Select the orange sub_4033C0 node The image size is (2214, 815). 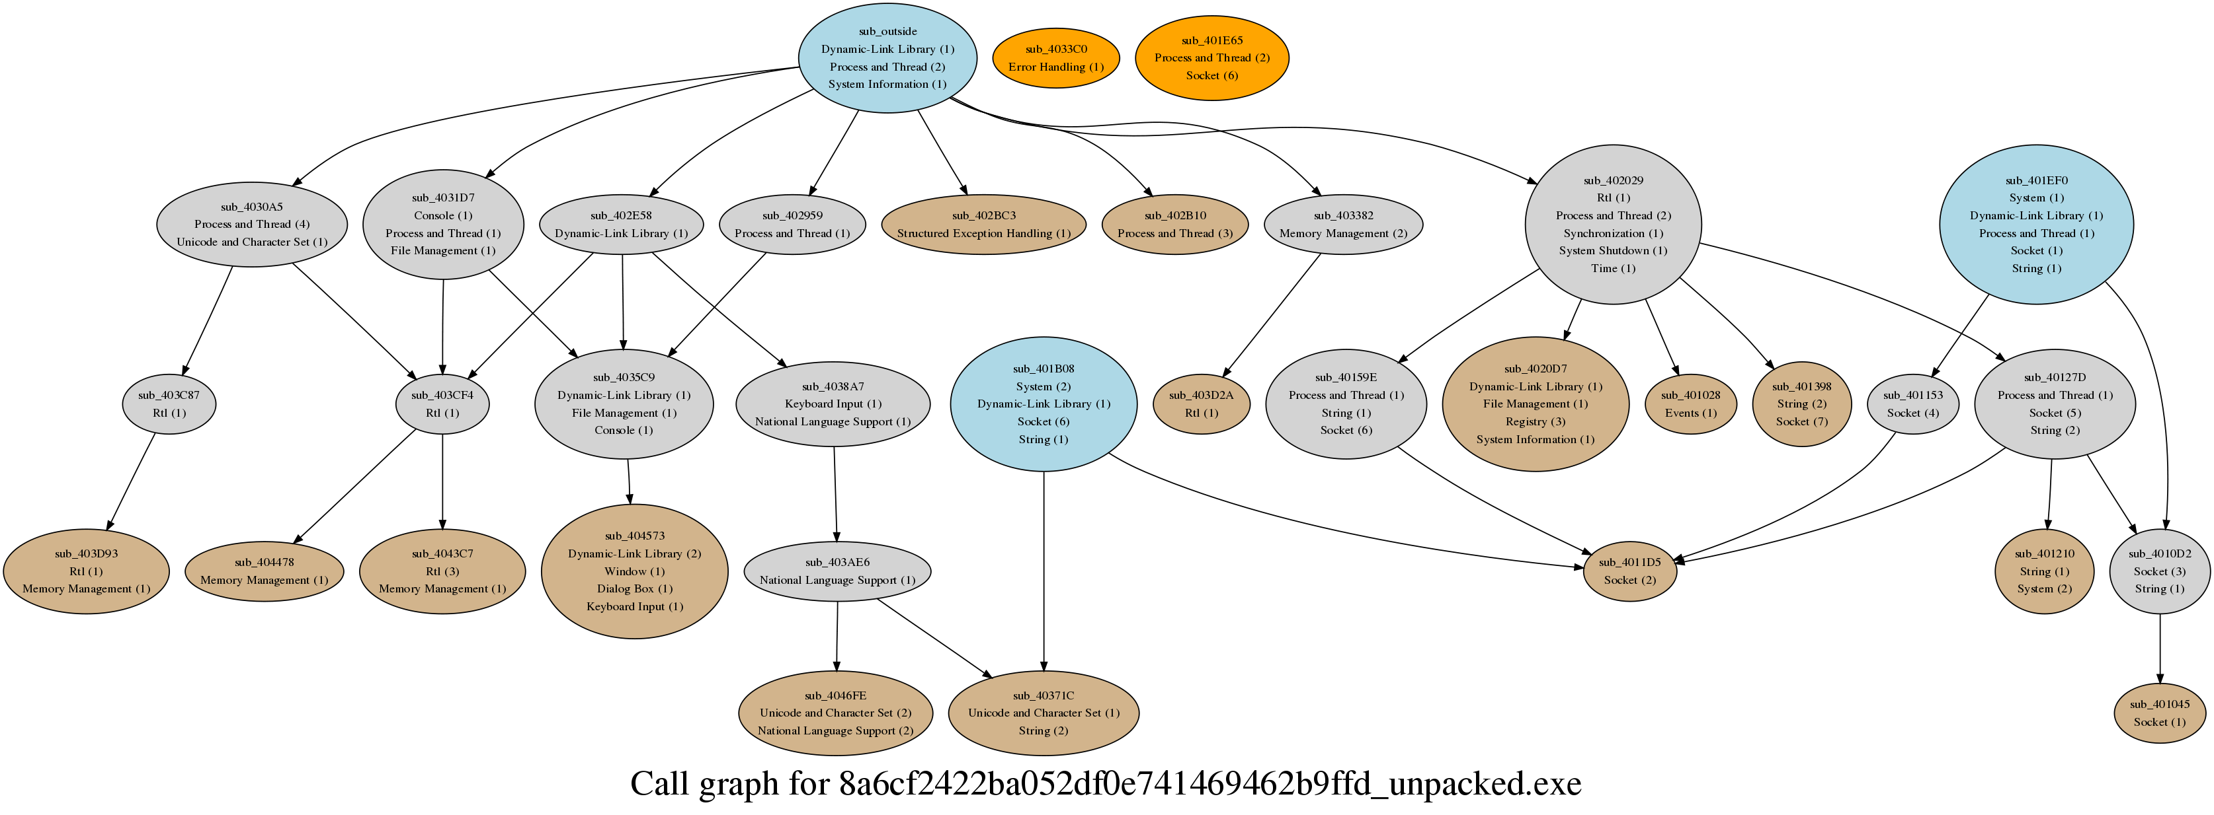(1055, 57)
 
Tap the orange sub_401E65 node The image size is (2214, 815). (1212, 57)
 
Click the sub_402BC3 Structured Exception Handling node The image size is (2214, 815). (983, 224)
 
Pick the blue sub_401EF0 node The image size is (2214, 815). (2036, 224)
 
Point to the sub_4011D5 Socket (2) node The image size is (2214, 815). (1629, 571)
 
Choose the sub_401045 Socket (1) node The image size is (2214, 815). (2160, 713)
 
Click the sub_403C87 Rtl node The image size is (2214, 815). (169, 404)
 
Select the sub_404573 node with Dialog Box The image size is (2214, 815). (634, 571)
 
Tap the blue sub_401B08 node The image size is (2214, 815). (1044, 404)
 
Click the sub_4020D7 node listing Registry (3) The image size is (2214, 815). (1535, 404)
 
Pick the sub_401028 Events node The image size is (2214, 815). (1690, 404)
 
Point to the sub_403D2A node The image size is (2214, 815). (1201, 404)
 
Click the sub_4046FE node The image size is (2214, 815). (835, 713)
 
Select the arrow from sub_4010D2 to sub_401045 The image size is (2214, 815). (2160, 649)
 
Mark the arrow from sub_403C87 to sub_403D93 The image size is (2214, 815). (132, 481)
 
